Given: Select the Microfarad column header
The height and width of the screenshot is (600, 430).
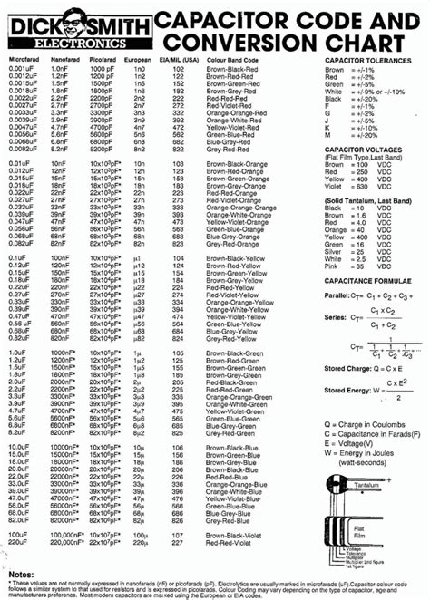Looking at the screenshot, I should tap(24, 59).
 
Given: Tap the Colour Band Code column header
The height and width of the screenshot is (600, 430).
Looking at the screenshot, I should tap(239, 59).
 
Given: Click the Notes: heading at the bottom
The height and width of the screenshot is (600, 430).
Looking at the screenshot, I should tap(21, 574).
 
